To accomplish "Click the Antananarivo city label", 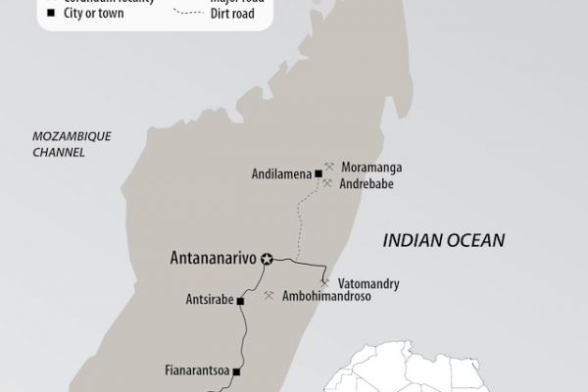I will pyautogui.click(x=206, y=260).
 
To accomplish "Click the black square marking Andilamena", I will pyautogui.click(x=319, y=174).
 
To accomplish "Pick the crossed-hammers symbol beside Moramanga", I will pyautogui.click(x=330, y=167).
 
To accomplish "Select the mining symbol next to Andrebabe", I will pyautogui.click(x=328, y=183).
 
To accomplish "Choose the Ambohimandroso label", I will pyautogui.click(x=330, y=296).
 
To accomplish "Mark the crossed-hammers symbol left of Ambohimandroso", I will pyautogui.click(x=269, y=295).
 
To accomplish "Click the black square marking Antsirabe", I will pyautogui.click(x=240, y=301).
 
